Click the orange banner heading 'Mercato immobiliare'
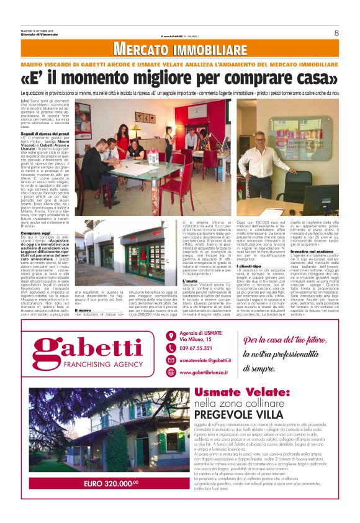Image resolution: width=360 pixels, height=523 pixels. (179, 49)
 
